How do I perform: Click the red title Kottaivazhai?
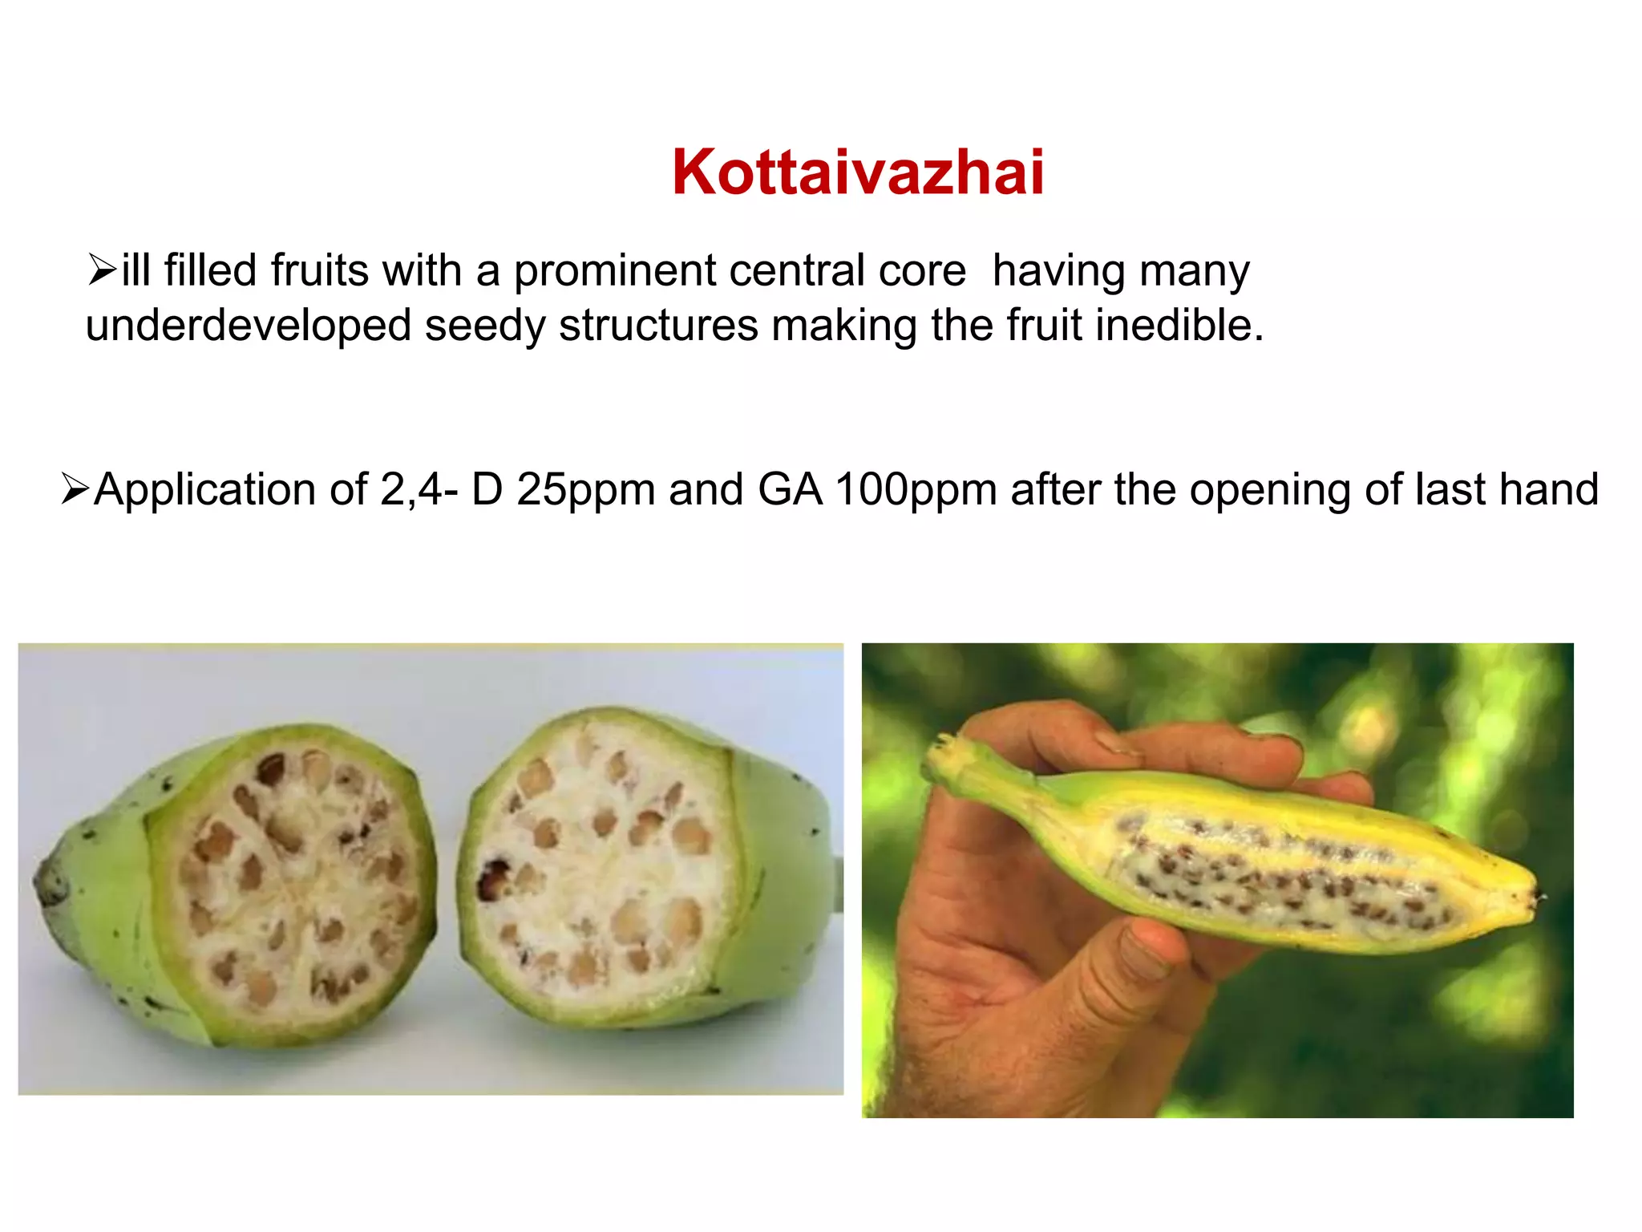pos(858,172)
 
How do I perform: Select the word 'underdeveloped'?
pos(249,326)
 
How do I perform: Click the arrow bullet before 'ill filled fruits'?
pos(102,269)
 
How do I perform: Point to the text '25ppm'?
pos(585,489)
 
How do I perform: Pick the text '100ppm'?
pos(915,489)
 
